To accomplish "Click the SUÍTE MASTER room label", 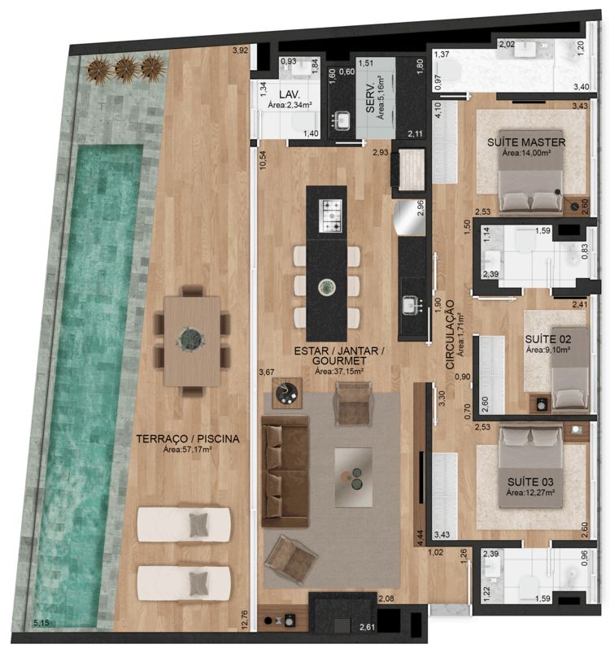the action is click(526, 142).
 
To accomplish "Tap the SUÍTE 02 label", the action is click(547, 339).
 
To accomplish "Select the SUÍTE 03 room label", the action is click(530, 482).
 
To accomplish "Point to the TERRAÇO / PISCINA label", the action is click(188, 439).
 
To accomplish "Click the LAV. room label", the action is click(290, 94).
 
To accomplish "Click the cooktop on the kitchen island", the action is click(330, 215).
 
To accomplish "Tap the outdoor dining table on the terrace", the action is click(192, 341).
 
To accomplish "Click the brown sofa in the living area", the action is click(285, 472).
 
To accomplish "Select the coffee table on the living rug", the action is click(353, 477).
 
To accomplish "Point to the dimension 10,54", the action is click(263, 160).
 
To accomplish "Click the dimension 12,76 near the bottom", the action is click(245, 620).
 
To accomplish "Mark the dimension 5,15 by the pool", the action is click(41, 623).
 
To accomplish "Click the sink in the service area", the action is click(342, 120).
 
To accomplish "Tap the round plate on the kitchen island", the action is click(327, 287).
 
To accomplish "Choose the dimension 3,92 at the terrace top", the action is click(240, 50).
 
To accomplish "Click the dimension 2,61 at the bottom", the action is click(368, 627).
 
